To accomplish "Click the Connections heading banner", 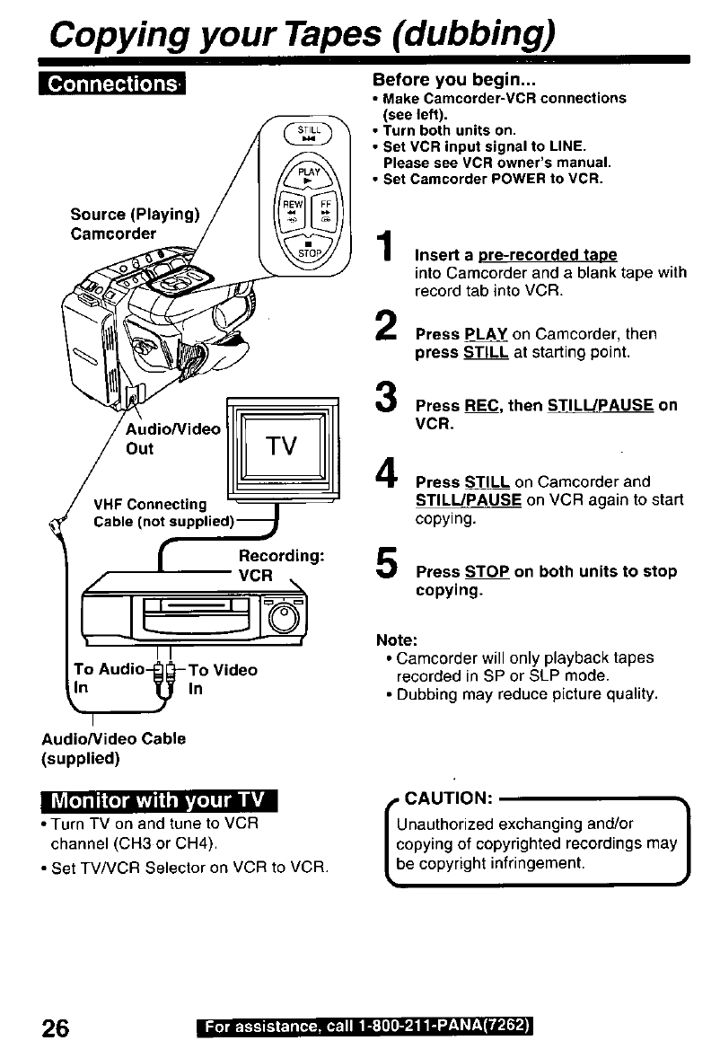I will click(x=111, y=84).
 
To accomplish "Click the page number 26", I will click(x=58, y=1027).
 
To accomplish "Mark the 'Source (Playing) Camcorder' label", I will click(x=134, y=224).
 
